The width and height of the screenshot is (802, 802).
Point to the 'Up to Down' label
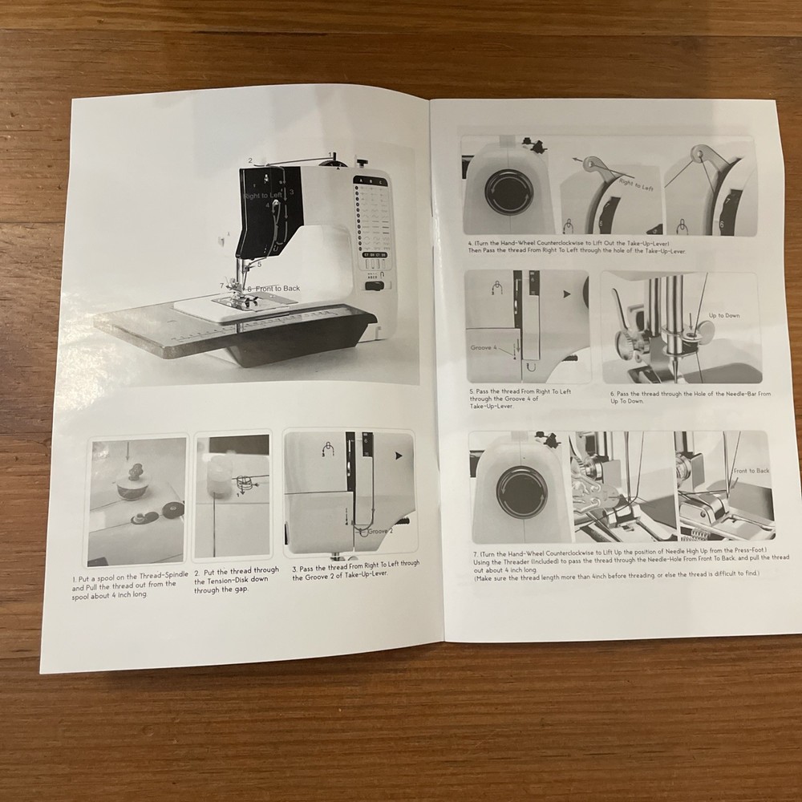(x=723, y=315)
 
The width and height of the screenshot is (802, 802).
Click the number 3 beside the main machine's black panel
(x=293, y=192)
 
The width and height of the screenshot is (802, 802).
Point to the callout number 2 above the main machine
(x=250, y=160)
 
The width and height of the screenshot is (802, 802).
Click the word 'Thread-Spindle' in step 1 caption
(x=161, y=576)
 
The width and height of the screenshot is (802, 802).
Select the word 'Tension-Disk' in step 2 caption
(x=233, y=579)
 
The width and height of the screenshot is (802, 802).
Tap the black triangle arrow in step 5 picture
(x=569, y=295)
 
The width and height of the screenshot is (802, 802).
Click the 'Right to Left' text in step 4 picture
(x=634, y=184)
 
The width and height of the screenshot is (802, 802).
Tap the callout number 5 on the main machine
(x=259, y=263)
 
